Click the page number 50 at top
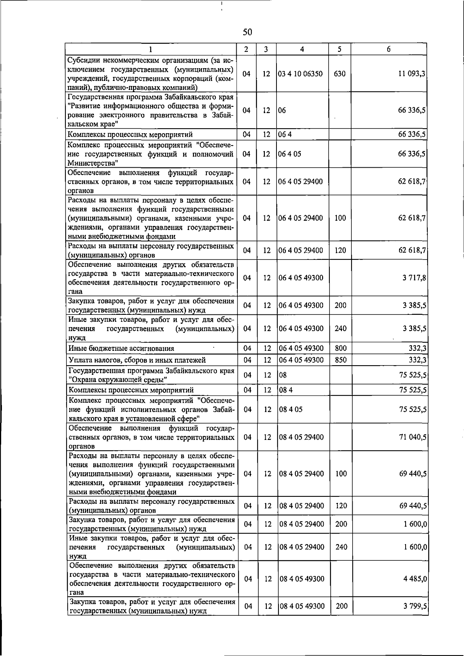click(x=247, y=32)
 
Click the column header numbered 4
click(x=302, y=49)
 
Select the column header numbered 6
click(x=389, y=49)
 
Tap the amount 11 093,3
click(x=412, y=74)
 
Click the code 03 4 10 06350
click(x=300, y=74)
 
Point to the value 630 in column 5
click(x=339, y=74)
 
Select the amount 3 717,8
click(x=414, y=278)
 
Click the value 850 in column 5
click(x=341, y=360)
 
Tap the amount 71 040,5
click(x=413, y=437)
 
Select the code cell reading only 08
click(x=283, y=375)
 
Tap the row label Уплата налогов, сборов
click(x=137, y=361)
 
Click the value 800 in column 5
click(x=341, y=349)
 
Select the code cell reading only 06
click(x=282, y=110)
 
